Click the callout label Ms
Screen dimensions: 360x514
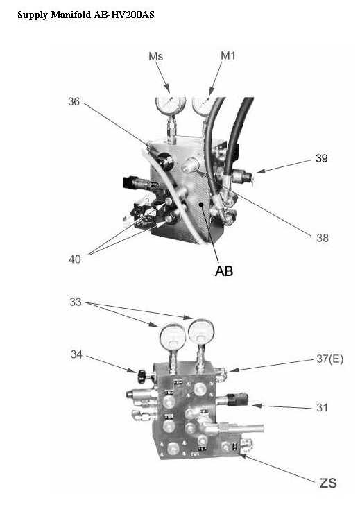155,56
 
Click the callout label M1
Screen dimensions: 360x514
228,55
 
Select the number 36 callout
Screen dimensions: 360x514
74,101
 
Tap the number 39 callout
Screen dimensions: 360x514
322,158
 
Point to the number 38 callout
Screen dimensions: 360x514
323,238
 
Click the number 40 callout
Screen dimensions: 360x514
74,259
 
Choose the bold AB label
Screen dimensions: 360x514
224,271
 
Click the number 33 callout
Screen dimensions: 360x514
76,302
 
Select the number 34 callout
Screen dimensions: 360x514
76,354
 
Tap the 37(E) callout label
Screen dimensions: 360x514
330,359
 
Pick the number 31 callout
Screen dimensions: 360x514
322,407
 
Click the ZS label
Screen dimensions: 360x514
328,483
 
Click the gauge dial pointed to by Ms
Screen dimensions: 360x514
171,104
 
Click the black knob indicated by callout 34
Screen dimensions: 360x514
142,376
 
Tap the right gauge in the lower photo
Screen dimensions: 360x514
201,333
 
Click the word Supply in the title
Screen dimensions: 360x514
33,15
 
